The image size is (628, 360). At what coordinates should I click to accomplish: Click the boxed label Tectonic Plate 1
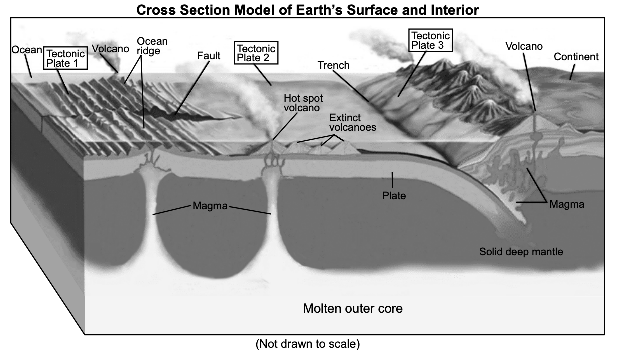[x=65, y=58]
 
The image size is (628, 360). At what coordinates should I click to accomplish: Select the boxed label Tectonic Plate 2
[x=256, y=52]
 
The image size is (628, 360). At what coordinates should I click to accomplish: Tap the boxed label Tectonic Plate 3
[x=430, y=40]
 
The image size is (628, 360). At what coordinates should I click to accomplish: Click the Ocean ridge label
[x=152, y=46]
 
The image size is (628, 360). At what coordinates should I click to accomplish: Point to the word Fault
[x=208, y=56]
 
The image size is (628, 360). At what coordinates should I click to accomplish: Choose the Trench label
[x=333, y=65]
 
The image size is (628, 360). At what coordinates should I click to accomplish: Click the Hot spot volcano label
[x=303, y=103]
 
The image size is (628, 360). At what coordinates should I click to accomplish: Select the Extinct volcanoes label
[x=352, y=122]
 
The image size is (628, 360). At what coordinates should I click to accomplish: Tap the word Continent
[x=576, y=57]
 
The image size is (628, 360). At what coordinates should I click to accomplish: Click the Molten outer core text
[x=352, y=308]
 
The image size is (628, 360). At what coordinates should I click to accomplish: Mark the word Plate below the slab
[x=394, y=196]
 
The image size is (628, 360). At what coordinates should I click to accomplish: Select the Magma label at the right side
[x=566, y=204]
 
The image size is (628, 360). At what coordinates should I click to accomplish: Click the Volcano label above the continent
[x=523, y=46]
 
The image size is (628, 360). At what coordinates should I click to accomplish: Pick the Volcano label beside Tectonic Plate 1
[x=110, y=49]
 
